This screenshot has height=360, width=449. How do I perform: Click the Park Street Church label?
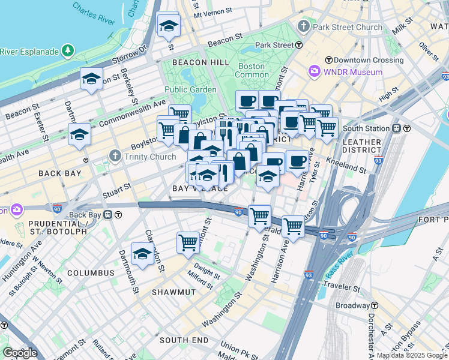click(x=348, y=27)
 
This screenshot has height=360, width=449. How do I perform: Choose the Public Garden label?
click(x=190, y=90)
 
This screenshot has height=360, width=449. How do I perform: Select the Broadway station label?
click(x=352, y=305)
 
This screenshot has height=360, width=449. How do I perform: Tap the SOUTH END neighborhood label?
click(x=184, y=340)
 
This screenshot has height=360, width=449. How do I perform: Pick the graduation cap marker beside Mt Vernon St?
click(x=169, y=26)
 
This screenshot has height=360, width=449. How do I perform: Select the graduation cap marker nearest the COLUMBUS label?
click(x=142, y=254)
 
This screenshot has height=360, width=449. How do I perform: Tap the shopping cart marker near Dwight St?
click(x=188, y=242)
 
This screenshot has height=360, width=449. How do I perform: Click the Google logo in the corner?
click(x=20, y=353)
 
